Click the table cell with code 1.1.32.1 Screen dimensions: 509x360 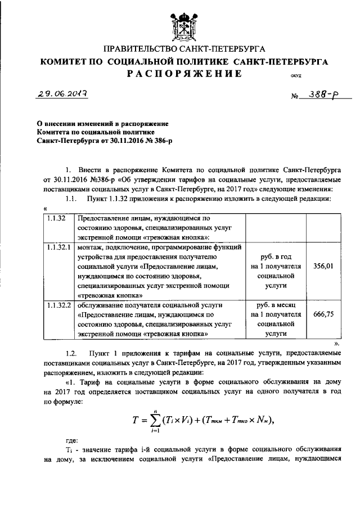[x=58, y=247]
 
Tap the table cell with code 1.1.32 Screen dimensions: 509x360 [x=56, y=217]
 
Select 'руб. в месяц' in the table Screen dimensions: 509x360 [x=277, y=305]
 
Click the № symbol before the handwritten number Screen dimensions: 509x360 [x=294, y=97]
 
